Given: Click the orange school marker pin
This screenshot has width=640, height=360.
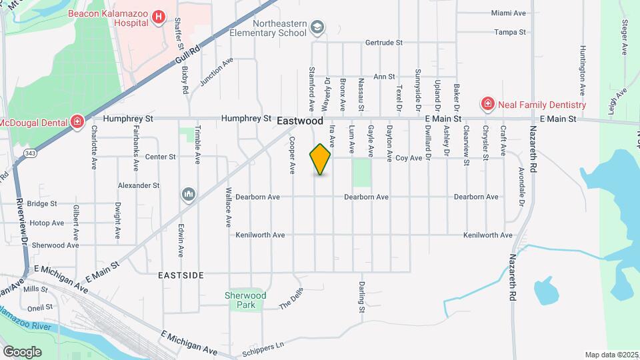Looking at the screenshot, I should [x=321, y=159].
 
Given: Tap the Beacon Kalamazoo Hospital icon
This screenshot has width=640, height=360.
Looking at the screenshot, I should [x=159, y=17].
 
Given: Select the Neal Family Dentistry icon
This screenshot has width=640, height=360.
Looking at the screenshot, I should [x=487, y=105].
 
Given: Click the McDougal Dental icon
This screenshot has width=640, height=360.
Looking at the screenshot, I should [x=77, y=122].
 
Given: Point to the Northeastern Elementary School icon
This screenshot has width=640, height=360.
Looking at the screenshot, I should [x=317, y=27].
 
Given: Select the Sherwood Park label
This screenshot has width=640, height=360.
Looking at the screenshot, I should [x=246, y=300].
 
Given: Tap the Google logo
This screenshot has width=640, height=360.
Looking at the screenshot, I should [x=21, y=351].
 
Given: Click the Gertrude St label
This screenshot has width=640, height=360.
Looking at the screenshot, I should [x=384, y=42].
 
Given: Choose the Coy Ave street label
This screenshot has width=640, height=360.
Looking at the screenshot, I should [x=409, y=158].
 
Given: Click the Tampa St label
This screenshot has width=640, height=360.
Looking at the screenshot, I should [x=510, y=32].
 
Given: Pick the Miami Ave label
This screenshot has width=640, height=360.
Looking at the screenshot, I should [x=510, y=13].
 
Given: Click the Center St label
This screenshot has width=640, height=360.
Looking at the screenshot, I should [x=160, y=157].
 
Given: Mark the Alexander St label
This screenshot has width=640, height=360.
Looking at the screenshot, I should [x=139, y=185].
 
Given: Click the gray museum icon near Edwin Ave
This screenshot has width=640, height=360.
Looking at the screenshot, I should [x=189, y=194].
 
